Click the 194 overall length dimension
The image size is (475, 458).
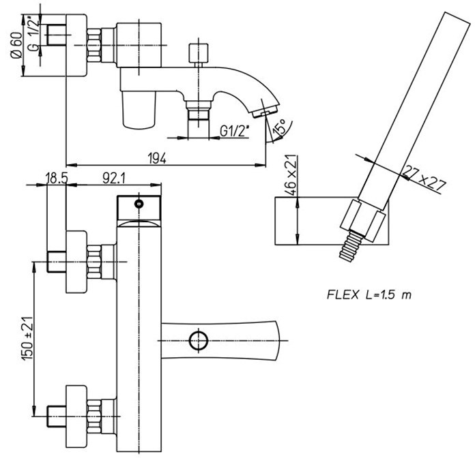(x=157, y=158)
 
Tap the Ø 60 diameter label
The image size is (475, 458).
(x=16, y=45)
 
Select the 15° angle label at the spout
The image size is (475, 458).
(x=279, y=127)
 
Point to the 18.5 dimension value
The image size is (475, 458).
(x=57, y=178)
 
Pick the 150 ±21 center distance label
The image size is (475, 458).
(x=27, y=339)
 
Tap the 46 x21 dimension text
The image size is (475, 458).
(x=290, y=175)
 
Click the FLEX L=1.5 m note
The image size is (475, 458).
(x=369, y=294)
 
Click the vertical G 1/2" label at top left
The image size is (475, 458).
(x=34, y=34)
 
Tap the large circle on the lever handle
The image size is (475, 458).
(x=199, y=341)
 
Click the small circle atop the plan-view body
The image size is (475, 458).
(x=139, y=204)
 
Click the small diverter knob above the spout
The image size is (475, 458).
(x=199, y=54)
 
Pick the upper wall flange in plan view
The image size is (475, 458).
(x=76, y=262)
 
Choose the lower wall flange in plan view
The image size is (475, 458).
(x=76, y=416)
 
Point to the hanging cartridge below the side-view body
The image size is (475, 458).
(x=139, y=110)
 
